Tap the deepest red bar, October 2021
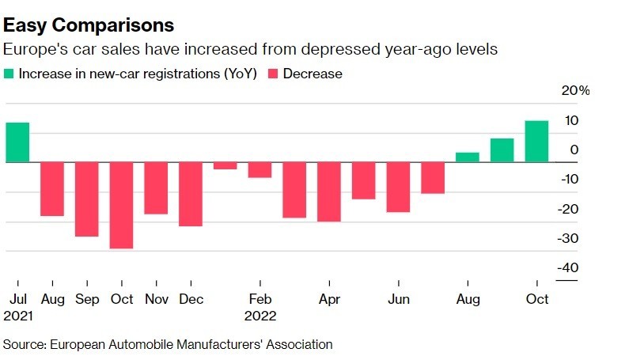[x=121, y=205]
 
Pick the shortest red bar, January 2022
[x=225, y=165]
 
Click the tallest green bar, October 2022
[x=536, y=142]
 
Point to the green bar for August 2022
[x=468, y=157]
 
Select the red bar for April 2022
[x=329, y=191]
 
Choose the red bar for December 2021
[x=191, y=194]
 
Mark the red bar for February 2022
[x=260, y=169]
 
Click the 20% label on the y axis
[x=576, y=91]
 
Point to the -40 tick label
[x=566, y=268]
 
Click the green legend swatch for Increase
[x=9, y=74]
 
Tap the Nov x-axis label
[x=156, y=300]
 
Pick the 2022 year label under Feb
[x=260, y=316]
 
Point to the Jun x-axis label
[x=398, y=300]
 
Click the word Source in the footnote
[x=25, y=344]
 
